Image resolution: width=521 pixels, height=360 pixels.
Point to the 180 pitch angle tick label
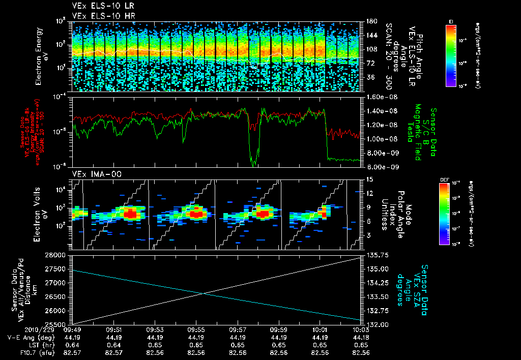[x=370, y=21]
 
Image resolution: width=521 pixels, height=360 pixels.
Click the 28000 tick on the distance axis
[x=57, y=255]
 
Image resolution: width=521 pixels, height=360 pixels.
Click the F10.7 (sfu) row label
[x=35, y=352]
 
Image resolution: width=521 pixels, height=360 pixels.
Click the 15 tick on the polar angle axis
[x=369, y=179]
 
